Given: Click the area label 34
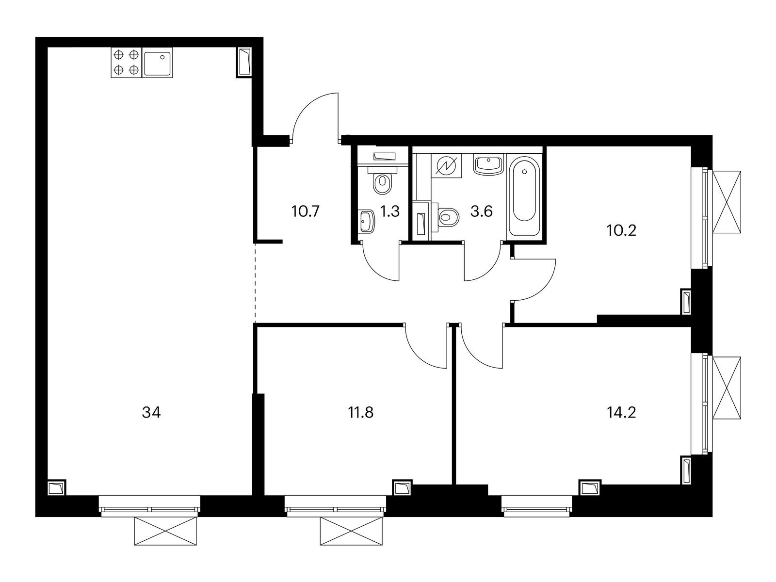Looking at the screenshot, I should [x=151, y=413].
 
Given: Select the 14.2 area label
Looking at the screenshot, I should [x=621, y=413].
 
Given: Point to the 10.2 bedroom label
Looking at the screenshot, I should [x=621, y=230].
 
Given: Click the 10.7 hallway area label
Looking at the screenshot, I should [x=306, y=211].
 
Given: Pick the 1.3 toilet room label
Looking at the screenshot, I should [x=390, y=211].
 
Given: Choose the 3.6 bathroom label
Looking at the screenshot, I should [x=482, y=211].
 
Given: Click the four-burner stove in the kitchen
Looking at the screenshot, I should [x=126, y=63].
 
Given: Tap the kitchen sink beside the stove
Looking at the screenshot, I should [x=157, y=63].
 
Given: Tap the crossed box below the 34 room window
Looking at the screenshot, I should [x=166, y=532].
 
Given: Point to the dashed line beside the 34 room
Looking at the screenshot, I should [x=255, y=281].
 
